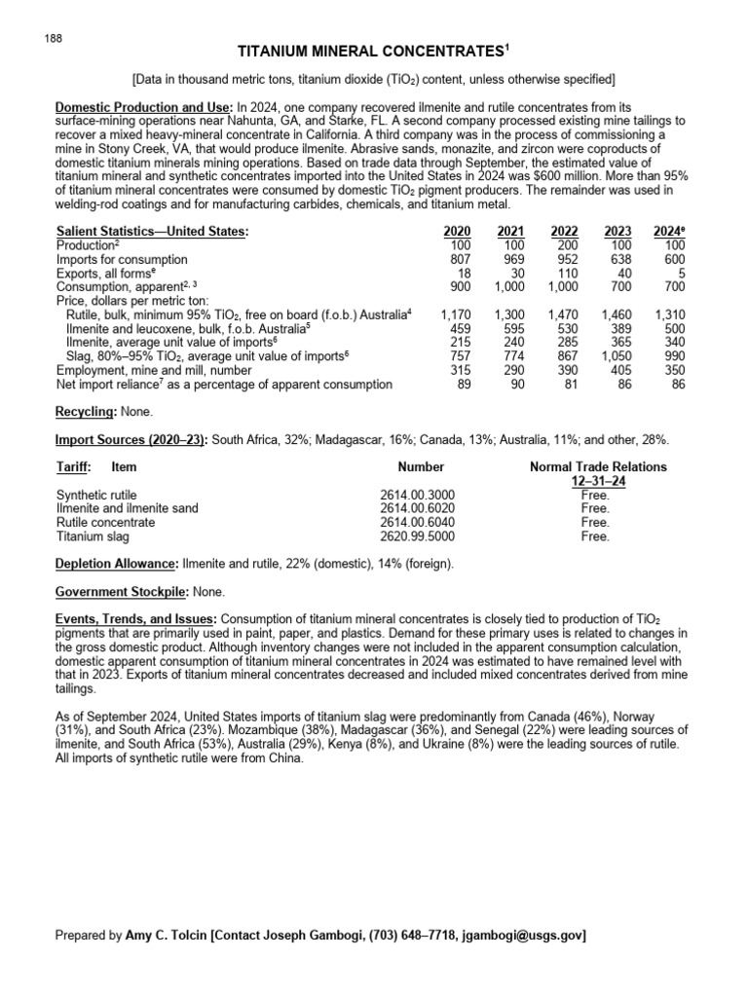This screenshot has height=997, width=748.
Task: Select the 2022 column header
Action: click(564, 231)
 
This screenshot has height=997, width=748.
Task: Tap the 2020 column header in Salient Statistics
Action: click(456, 231)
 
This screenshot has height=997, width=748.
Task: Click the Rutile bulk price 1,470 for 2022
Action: click(562, 315)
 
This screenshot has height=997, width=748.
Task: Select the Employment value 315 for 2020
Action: click(459, 371)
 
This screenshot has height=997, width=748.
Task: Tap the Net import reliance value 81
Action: click(570, 385)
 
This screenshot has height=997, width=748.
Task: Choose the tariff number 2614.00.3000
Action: click(417, 495)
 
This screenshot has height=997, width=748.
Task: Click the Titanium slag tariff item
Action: click(93, 535)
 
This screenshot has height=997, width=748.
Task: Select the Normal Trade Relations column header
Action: click(597, 467)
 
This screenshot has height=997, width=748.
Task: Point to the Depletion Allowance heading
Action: click(116, 564)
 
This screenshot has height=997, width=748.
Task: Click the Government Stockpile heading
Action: click(121, 591)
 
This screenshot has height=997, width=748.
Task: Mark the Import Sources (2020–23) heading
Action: click(131, 440)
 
